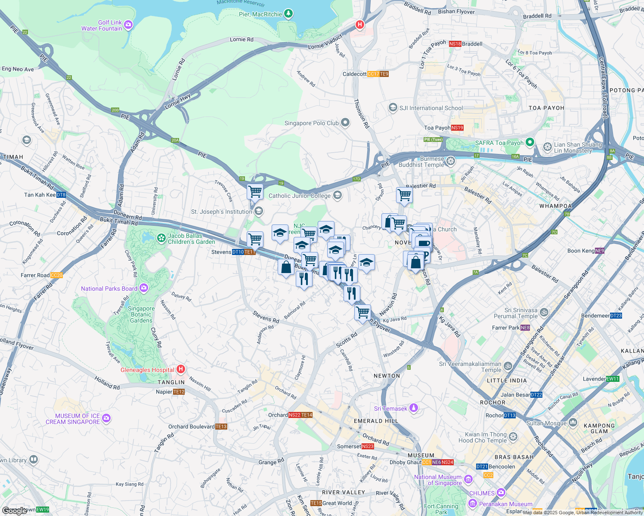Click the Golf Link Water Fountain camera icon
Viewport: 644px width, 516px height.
click(128, 26)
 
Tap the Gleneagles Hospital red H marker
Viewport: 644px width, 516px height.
click(181, 369)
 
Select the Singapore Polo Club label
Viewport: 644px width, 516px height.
click(312, 123)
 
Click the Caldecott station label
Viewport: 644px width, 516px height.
click(354, 74)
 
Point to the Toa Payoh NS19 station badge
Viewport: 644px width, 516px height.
click(457, 128)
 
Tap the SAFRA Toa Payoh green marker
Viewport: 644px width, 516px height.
click(529, 142)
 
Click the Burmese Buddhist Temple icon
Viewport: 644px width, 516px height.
click(451, 161)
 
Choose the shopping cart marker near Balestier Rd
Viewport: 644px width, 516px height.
click(404, 195)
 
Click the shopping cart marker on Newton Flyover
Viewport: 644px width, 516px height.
click(362, 312)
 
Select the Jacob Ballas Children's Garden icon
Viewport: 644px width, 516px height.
click(161, 238)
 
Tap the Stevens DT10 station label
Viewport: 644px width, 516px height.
click(221, 252)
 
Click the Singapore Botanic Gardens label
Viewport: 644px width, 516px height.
click(141, 314)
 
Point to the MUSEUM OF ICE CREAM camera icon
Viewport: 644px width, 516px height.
click(106, 418)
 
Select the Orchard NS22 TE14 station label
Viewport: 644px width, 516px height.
click(278, 415)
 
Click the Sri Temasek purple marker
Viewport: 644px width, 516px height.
click(414, 408)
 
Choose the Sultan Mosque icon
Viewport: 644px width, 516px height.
click(573, 423)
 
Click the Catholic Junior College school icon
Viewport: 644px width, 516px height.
click(337, 196)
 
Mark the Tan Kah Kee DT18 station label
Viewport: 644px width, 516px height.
click(40, 195)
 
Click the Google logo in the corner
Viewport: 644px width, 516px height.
click(15, 510)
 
